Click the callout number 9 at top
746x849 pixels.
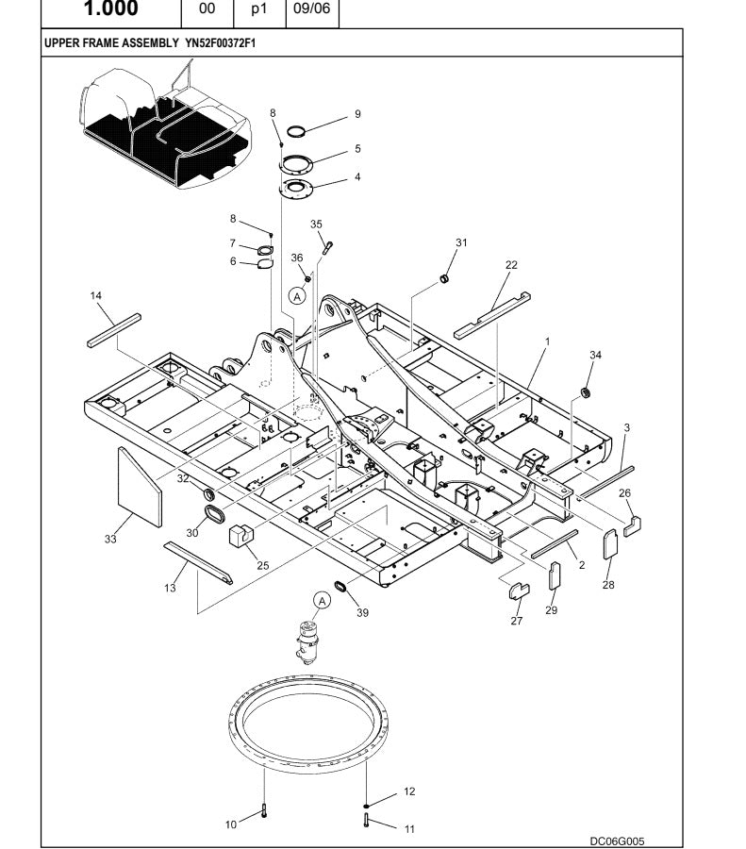coord(357,114)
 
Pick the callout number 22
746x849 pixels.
coord(511,265)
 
